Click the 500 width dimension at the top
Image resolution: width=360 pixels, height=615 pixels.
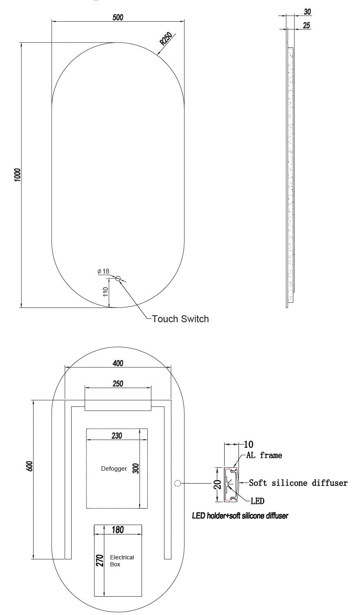pos(118,17)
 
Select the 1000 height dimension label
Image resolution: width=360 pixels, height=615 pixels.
pos(17,175)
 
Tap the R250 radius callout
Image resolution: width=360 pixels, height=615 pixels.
pos(166,39)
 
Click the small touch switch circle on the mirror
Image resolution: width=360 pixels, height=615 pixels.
pos(118,278)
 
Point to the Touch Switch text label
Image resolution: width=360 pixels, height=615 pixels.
pos(180,319)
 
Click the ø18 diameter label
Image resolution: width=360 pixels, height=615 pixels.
pos(103,271)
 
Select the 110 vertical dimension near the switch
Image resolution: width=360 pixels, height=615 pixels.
pos(106,292)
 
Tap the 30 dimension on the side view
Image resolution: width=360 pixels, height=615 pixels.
pos(307,12)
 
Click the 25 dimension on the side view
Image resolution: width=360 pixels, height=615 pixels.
pos(306,25)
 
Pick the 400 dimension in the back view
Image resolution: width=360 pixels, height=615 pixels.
pos(118,363)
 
